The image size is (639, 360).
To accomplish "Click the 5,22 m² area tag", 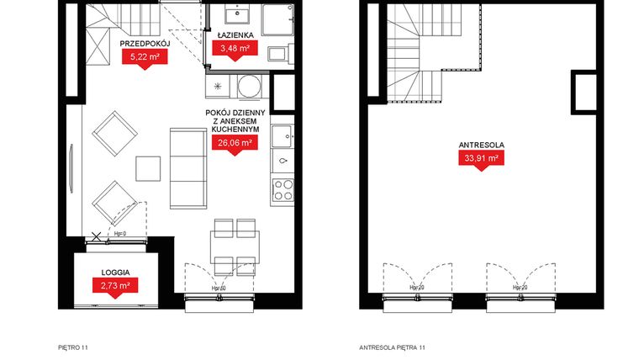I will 144,57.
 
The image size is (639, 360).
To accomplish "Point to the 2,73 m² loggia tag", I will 115,286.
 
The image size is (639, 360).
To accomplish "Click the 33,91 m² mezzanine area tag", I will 480,157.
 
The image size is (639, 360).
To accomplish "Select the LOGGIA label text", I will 115,272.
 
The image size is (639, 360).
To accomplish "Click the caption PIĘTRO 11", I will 73,347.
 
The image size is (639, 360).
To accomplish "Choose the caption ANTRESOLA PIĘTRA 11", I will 392,347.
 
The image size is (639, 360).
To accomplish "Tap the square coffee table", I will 148,168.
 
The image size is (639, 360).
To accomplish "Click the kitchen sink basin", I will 285,135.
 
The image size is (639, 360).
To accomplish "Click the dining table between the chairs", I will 235,243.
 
